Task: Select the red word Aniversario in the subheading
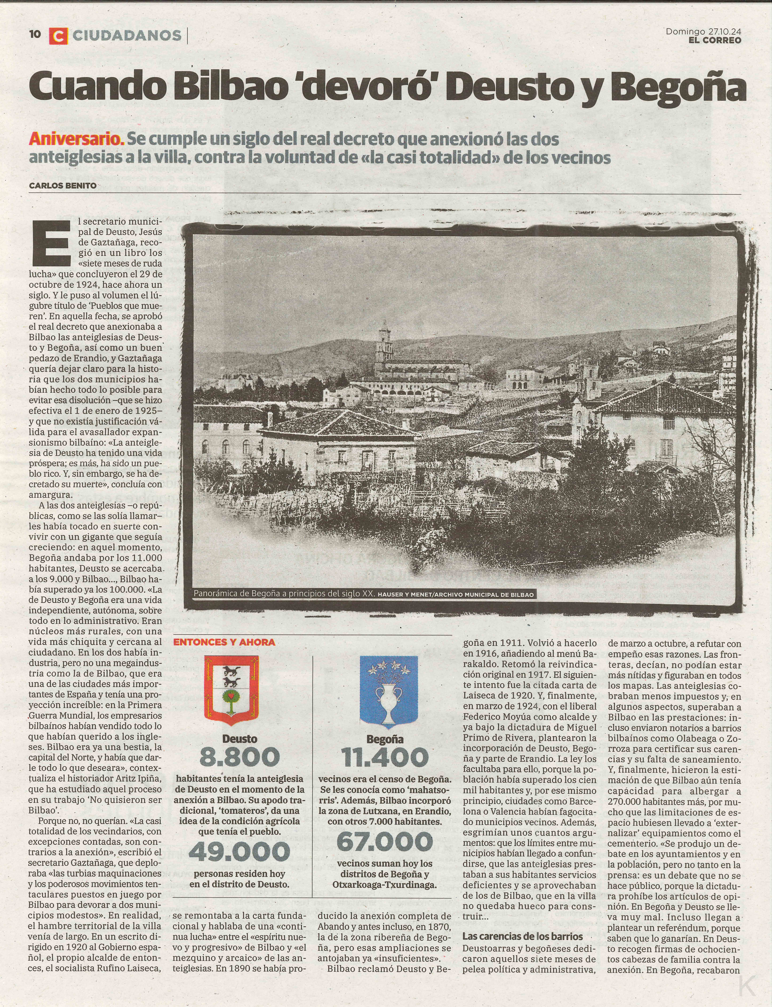(76, 139)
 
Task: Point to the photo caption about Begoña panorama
(363, 594)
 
